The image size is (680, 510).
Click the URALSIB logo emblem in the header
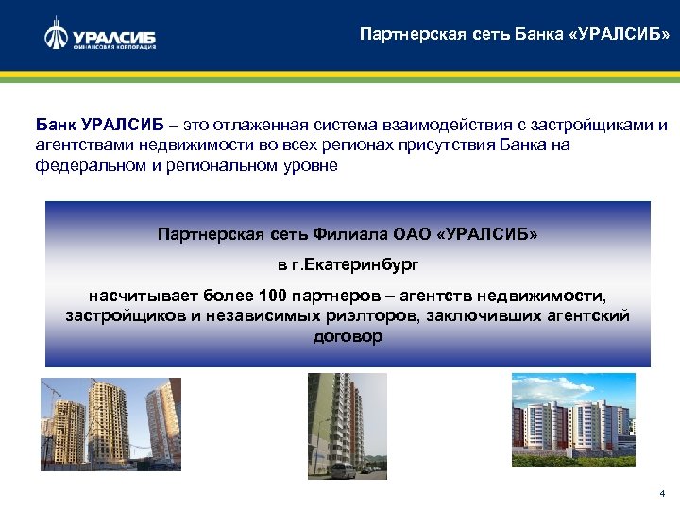56,35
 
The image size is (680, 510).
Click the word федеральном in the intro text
84,164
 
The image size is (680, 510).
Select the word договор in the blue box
348,335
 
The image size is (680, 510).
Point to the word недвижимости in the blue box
551,296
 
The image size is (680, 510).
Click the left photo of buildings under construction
110,424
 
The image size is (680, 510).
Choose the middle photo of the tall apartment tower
347,425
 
